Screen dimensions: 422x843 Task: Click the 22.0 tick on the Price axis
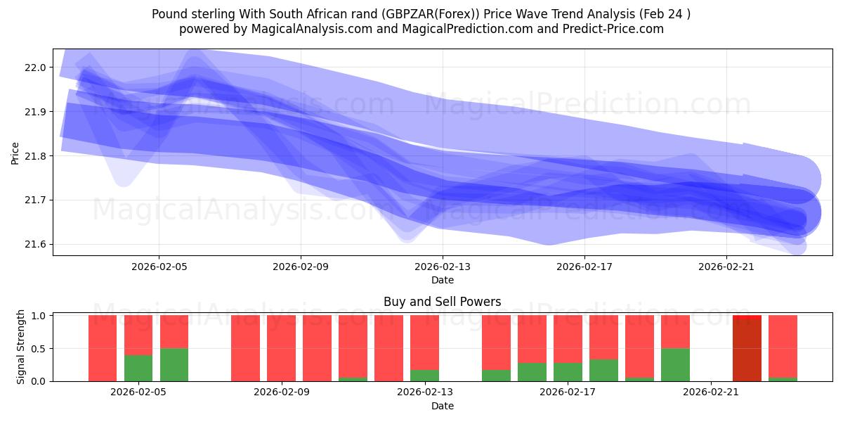[34, 68]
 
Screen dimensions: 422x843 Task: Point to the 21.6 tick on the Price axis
[34, 245]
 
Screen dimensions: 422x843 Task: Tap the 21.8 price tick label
[34, 156]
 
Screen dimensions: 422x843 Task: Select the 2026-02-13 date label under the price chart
[443, 267]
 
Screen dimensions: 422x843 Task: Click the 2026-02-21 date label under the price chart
[726, 267]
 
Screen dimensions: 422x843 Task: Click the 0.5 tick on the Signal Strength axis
[39, 349]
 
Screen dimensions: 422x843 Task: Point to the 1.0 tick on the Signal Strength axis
[39, 316]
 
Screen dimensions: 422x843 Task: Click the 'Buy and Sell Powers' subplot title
[442, 302]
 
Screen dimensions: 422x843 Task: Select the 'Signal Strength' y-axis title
[21, 347]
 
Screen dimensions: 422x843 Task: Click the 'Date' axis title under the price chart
[442, 280]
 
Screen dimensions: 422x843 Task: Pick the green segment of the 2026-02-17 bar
[568, 372]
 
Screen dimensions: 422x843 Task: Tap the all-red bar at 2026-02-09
[281, 348]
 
